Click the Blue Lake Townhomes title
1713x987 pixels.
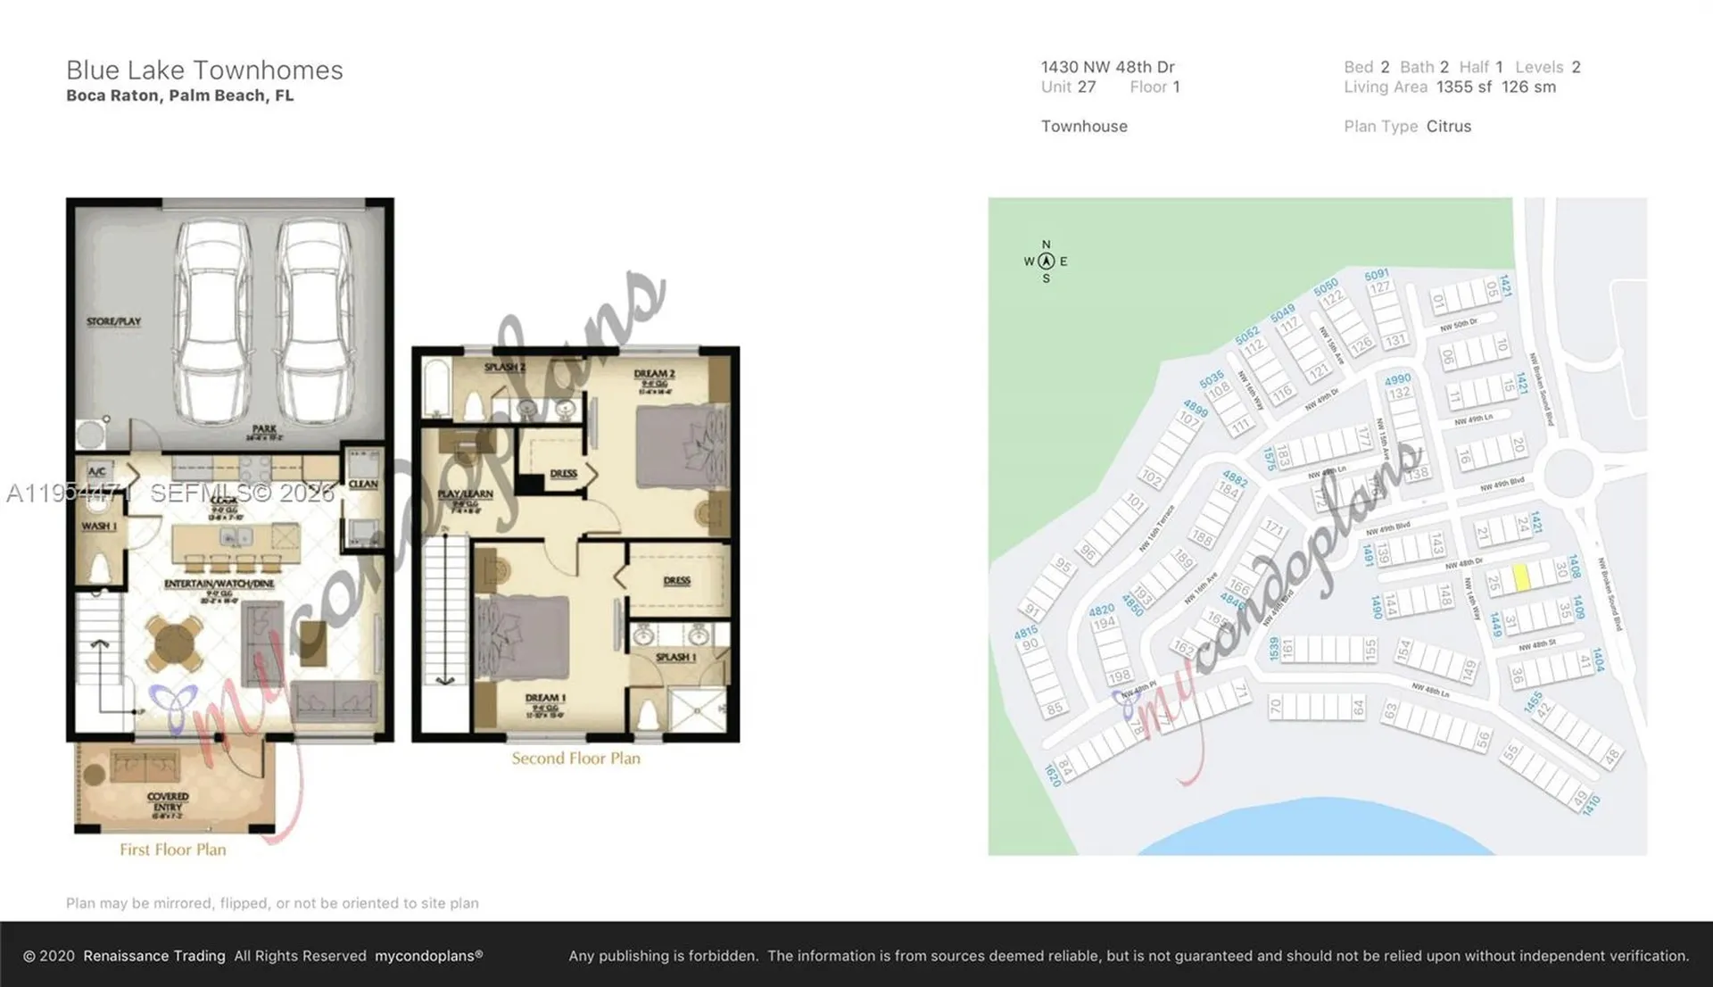point(204,70)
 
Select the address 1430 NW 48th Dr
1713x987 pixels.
point(1107,67)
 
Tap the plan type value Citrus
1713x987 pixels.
point(1448,126)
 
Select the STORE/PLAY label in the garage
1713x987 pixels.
point(113,321)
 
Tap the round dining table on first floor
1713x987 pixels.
point(174,643)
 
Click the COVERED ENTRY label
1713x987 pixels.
point(168,801)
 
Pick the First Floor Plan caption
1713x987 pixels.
point(173,850)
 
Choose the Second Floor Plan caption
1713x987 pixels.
point(575,759)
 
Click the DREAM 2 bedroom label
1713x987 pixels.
point(654,374)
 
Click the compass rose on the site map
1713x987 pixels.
point(1046,261)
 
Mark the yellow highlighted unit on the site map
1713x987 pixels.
point(1522,576)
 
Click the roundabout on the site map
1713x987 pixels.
point(1568,473)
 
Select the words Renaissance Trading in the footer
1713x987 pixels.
point(153,956)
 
